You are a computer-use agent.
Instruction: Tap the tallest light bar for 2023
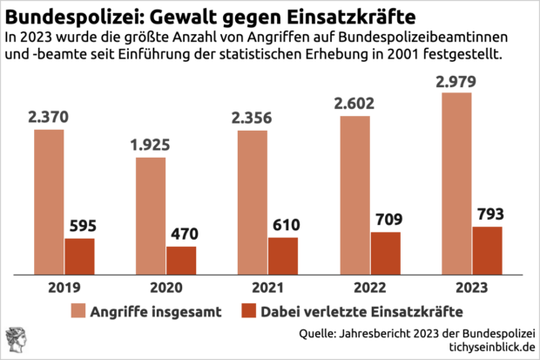(456, 183)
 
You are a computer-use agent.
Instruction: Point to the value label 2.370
(50, 117)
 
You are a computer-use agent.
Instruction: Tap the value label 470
(182, 234)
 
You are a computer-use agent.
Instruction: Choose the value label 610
(284, 225)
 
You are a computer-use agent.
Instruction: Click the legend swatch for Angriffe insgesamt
(79, 310)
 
